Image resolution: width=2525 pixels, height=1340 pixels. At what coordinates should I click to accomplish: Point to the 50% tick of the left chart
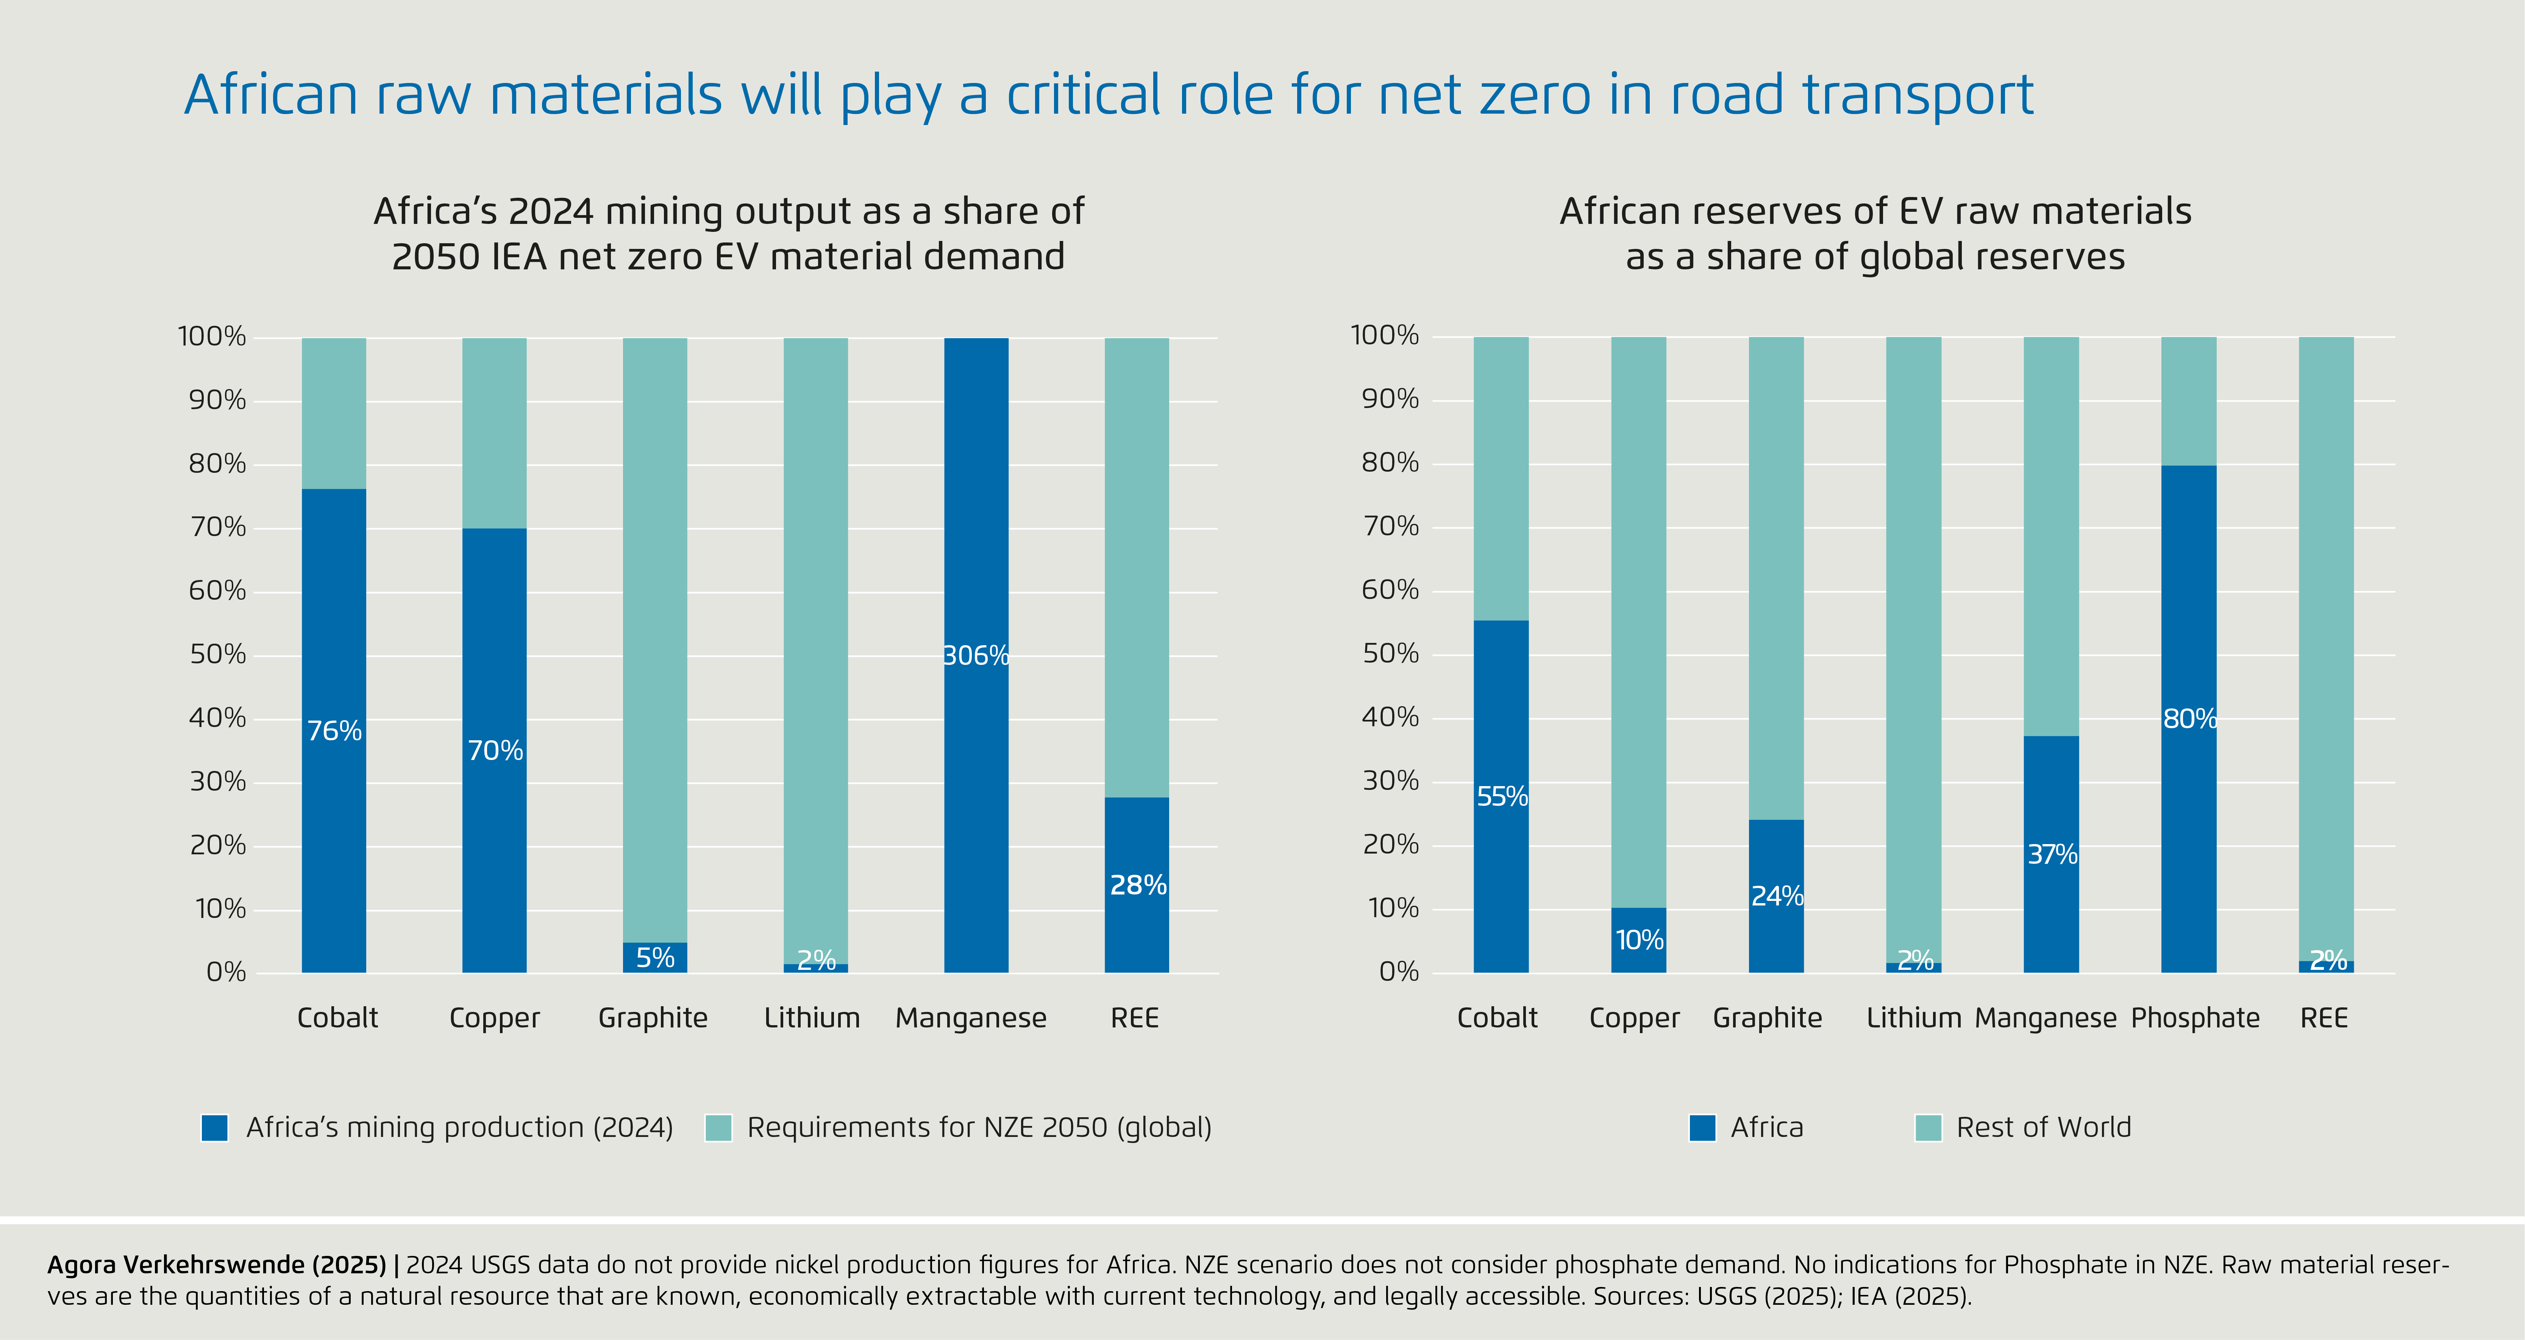(218, 655)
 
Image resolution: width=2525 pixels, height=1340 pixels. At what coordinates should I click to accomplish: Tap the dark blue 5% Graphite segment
(655, 958)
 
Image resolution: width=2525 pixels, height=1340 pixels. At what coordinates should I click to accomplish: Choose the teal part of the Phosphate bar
(2189, 400)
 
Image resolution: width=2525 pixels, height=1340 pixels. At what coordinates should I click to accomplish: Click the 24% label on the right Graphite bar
(1776, 896)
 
